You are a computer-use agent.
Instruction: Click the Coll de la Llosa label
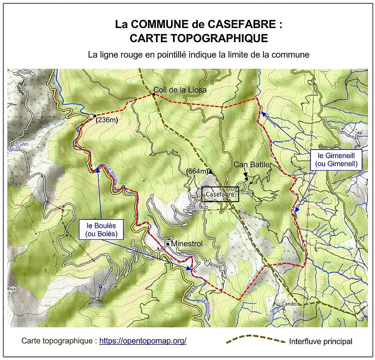coord(180,90)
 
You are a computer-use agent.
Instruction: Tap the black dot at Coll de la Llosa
coord(154,94)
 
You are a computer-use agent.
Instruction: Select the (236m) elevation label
coord(107,121)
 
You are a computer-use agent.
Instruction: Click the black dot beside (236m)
coord(95,116)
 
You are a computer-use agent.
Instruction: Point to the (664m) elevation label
coord(196,171)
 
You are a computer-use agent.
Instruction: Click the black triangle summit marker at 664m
coord(211,171)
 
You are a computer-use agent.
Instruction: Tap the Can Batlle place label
coord(252,165)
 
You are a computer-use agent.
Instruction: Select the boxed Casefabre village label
coord(220,194)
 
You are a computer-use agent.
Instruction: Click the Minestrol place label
coord(187,244)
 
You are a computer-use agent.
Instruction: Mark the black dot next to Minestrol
coord(168,244)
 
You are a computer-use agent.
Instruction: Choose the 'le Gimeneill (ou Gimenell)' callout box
coord(336,160)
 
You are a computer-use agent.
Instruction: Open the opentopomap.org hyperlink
coord(143,341)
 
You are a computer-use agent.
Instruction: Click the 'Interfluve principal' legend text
coord(321,342)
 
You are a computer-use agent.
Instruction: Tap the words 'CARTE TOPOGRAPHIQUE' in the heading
coord(198,38)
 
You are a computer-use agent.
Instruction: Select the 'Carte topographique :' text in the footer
coord(59,341)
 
